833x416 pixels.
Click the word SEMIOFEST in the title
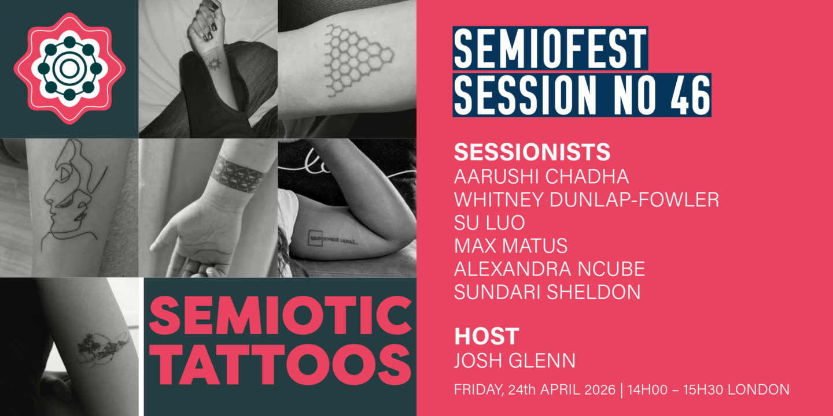550,47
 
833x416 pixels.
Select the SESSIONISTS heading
532,152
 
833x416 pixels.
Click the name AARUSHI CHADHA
541,176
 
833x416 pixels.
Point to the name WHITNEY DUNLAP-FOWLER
587,199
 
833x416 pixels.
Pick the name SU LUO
489,222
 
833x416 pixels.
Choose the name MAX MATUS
511,246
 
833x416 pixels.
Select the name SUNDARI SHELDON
547,292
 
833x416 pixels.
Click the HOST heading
486,336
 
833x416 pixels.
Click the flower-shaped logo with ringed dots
69,69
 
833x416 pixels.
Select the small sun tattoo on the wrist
214,64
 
